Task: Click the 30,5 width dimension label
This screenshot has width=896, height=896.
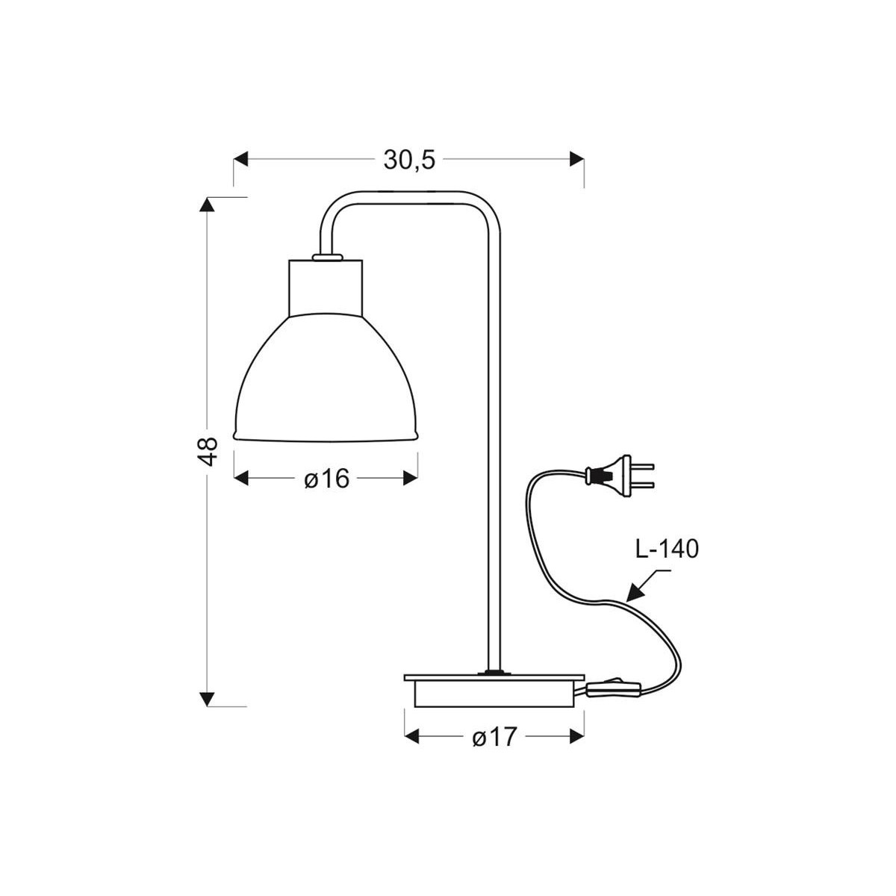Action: tap(409, 160)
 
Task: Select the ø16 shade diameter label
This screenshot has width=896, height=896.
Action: tap(326, 479)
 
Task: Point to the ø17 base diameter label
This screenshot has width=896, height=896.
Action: tap(494, 737)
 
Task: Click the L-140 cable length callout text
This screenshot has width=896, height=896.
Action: tap(666, 550)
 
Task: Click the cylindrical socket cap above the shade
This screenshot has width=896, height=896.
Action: tap(326, 287)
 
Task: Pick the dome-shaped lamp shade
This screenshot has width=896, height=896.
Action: tap(326, 381)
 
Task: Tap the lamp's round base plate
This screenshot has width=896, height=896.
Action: tap(494, 690)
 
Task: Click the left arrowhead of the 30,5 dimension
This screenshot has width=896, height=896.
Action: tap(240, 159)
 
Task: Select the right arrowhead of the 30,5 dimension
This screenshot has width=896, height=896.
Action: tap(576, 159)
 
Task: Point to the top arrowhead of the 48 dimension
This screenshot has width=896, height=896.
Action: tap(208, 205)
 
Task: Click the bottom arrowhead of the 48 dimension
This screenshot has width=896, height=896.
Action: tap(208, 699)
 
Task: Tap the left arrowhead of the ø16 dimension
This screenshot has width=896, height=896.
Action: tap(241, 479)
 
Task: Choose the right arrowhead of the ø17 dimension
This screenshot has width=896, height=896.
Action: tap(576, 737)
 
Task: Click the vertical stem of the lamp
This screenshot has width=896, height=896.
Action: tap(493, 448)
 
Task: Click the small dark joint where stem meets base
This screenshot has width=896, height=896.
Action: tap(493, 673)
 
